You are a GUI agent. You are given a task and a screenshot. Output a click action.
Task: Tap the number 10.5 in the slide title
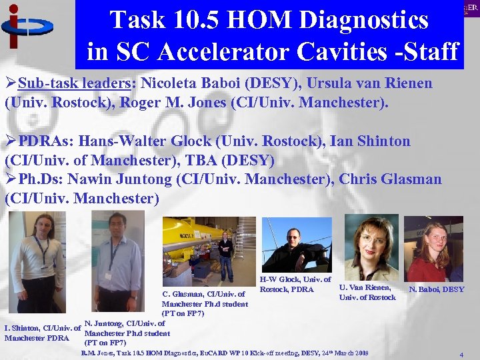pos(191,20)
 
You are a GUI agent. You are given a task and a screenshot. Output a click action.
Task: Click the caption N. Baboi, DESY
pos(437,289)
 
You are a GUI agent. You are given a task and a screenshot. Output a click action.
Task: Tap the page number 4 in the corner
pos(461,355)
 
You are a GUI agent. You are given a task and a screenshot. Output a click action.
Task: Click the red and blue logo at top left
pos(27,27)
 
